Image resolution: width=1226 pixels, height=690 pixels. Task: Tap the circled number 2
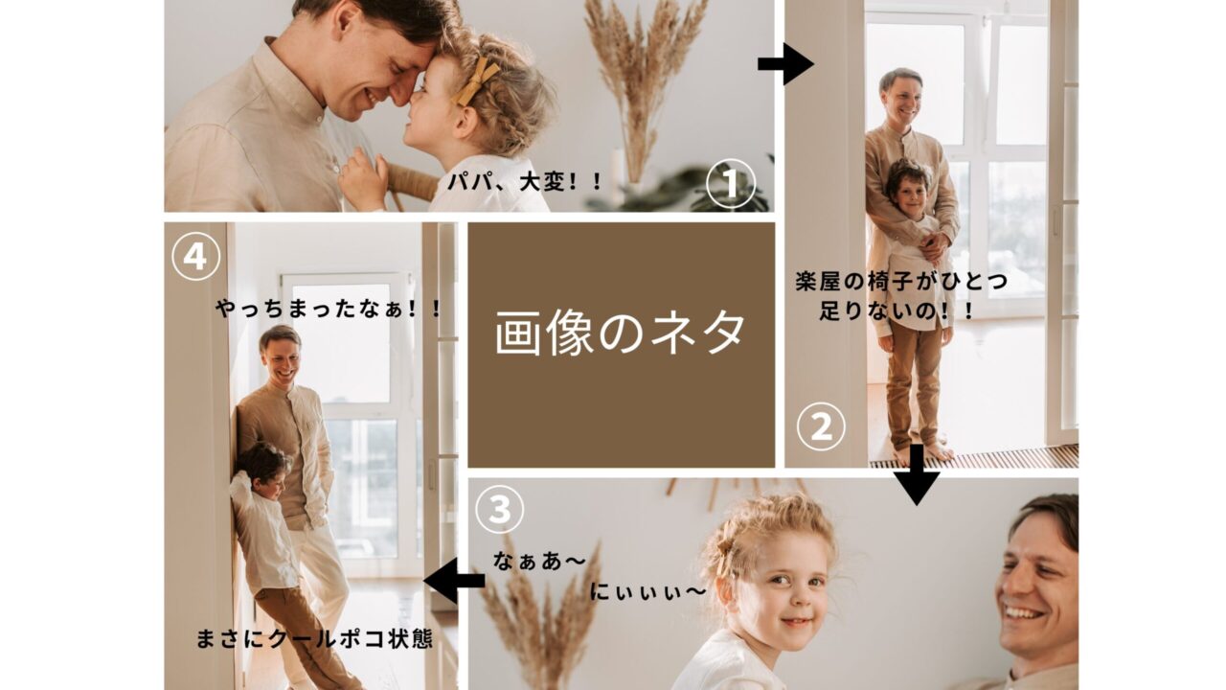coord(821,427)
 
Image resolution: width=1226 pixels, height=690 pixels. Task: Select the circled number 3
coord(499,509)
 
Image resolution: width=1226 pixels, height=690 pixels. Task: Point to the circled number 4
coord(196,256)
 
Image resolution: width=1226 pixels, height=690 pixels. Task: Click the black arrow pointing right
coord(786,64)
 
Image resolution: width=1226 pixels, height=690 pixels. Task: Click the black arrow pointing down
coord(917,474)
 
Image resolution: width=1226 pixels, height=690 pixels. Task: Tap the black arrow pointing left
coord(454,581)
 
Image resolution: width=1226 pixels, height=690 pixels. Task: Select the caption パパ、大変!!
coord(524,181)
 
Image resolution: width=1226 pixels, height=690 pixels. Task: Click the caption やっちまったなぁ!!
coord(329,309)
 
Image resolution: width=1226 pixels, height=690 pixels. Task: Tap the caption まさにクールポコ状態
coord(314,638)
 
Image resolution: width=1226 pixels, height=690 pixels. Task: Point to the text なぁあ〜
coord(539,561)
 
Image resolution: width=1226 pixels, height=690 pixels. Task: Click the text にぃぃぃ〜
coord(648,591)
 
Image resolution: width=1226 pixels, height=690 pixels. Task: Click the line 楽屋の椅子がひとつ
coord(901,281)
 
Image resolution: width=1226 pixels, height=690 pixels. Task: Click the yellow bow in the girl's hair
coord(477,80)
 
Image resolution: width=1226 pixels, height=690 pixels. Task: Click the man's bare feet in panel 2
coord(925,453)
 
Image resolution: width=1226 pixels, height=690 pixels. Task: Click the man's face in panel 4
coord(282,361)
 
